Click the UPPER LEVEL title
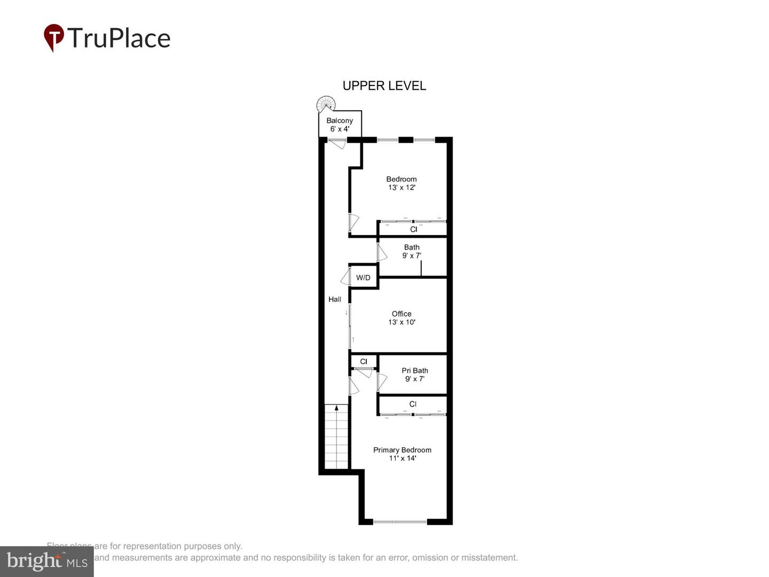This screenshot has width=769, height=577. [x=384, y=85]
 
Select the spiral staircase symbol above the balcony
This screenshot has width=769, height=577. [x=326, y=103]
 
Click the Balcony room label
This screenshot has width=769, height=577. [x=340, y=121]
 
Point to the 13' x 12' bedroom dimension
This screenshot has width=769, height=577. [x=402, y=188]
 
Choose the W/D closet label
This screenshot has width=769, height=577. [x=363, y=278]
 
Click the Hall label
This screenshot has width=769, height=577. [x=335, y=299]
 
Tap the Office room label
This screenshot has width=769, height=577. [x=402, y=314]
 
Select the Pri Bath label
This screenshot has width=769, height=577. [x=415, y=371]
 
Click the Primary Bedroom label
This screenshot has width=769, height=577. [x=402, y=450]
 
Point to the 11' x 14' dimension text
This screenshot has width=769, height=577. [x=402, y=458]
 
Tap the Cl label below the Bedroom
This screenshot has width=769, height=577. [x=413, y=229]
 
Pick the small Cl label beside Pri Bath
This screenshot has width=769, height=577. [x=364, y=362]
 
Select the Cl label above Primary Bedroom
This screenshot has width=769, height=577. [x=413, y=404]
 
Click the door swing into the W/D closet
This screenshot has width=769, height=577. [x=345, y=278]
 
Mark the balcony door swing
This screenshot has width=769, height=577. [x=337, y=143]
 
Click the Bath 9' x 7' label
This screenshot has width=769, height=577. [x=412, y=251]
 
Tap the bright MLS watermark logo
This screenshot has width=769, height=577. [x=47, y=561]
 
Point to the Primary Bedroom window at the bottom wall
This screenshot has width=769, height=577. [x=400, y=521]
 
